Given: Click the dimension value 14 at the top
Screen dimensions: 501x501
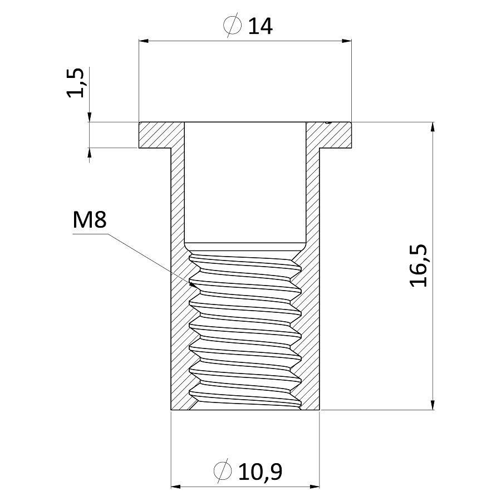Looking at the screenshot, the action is click(x=260, y=26).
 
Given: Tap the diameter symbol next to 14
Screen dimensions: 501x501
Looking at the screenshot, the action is click(x=232, y=25).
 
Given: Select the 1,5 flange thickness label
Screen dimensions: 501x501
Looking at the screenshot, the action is click(x=75, y=83).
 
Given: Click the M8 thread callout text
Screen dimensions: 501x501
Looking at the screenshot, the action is click(x=90, y=220).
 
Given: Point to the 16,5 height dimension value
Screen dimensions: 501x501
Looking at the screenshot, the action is click(x=419, y=266).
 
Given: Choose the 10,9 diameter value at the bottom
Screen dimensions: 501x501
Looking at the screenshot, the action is click(x=260, y=472).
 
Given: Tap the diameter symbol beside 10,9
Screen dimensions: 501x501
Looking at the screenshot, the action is click(x=222, y=470).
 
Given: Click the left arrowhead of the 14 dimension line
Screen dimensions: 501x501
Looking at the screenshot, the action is click(x=144, y=41).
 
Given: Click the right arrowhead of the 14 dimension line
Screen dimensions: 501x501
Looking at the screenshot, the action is click(x=347, y=41).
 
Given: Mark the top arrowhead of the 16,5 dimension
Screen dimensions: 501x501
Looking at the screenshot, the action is click(x=433, y=127).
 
